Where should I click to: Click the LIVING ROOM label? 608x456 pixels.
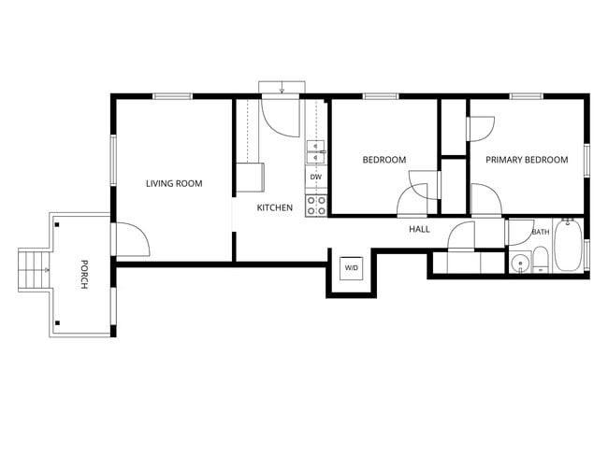(x=174, y=183)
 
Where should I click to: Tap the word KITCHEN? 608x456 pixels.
(x=274, y=207)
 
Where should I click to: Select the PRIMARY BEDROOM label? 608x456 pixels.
(x=527, y=160)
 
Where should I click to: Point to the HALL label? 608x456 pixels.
(x=419, y=229)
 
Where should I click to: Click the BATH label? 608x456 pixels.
(x=541, y=232)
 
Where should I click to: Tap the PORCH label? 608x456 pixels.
(x=84, y=275)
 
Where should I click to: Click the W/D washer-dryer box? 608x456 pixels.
(x=352, y=267)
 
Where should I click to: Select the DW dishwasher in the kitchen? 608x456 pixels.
(x=316, y=177)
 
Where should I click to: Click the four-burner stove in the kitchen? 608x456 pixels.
(x=316, y=206)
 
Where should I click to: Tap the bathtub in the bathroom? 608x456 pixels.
(x=568, y=245)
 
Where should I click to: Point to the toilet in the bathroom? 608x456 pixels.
(x=540, y=260)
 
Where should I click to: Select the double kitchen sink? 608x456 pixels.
(x=316, y=152)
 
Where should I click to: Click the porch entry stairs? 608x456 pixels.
(x=34, y=270)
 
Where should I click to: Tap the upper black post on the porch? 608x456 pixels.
(x=57, y=224)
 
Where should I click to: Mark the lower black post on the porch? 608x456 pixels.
(x=57, y=322)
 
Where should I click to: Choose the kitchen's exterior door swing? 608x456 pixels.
(x=281, y=117)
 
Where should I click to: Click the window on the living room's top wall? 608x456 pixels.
(x=172, y=96)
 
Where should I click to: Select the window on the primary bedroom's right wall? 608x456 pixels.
(x=586, y=161)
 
